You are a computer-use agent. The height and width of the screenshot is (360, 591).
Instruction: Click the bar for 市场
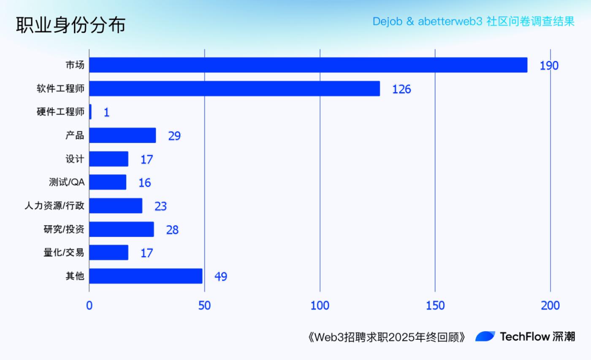click(308, 65)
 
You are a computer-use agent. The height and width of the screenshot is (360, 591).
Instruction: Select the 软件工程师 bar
click(234, 89)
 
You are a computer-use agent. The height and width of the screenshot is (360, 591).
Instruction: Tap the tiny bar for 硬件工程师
click(90, 112)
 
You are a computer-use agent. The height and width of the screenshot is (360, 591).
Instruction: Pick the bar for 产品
click(122, 135)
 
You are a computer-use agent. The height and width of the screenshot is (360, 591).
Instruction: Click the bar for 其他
click(146, 276)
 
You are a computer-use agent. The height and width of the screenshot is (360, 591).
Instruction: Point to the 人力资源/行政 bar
click(116, 206)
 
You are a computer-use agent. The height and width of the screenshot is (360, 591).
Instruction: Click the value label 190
click(549, 66)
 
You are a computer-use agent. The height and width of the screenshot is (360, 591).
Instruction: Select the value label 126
click(401, 89)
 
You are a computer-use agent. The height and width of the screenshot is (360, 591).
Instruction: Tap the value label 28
click(172, 230)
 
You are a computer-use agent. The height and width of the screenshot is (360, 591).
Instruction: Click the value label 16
click(144, 183)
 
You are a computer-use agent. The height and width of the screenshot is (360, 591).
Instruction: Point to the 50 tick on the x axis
click(204, 306)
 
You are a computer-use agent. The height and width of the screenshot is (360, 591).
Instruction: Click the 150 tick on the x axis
click(435, 306)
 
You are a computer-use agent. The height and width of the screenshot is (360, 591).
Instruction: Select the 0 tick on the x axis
click(89, 306)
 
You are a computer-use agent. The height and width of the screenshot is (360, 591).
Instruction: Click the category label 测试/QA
click(67, 183)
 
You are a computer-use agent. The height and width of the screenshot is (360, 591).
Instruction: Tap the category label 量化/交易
click(64, 253)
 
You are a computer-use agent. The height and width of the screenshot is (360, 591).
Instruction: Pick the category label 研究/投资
click(64, 229)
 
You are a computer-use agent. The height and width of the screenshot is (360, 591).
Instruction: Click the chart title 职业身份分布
click(70, 25)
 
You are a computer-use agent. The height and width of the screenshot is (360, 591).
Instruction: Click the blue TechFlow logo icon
click(485, 336)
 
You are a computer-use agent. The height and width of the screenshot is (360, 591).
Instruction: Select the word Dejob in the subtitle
click(387, 21)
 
